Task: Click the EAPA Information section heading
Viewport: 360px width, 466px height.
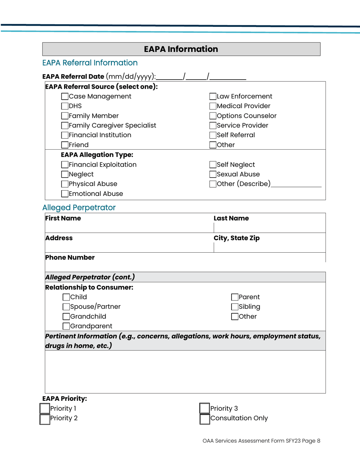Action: (x=181, y=49)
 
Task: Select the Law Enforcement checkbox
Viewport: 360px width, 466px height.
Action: (x=213, y=96)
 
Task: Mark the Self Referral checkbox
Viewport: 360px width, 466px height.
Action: (x=213, y=135)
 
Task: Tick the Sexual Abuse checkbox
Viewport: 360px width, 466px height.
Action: (x=213, y=174)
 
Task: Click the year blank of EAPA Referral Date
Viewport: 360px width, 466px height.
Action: (x=228, y=77)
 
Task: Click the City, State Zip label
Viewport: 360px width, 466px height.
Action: (x=237, y=238)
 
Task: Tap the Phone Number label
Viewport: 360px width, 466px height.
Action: (x=70, y=258)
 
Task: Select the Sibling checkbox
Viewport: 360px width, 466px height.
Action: (x=235, y=306)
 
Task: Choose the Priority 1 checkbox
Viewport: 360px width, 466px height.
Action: (x=45, y=409)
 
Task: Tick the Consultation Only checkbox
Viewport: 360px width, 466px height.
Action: (x=205, y=419)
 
